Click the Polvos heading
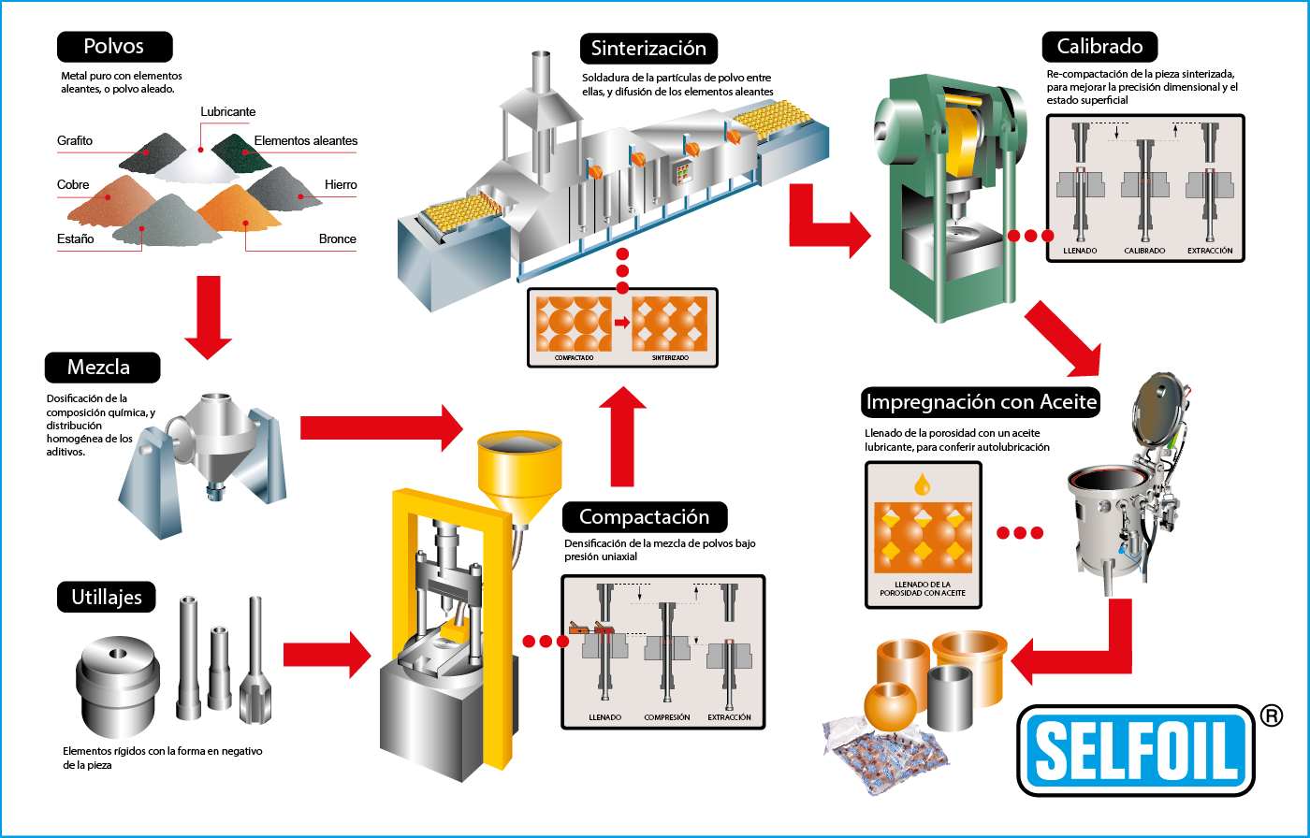(114, 47)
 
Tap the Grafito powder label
(75, 141)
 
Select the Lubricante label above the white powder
(228, 111)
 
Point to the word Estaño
(76, 238)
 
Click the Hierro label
(341, 184)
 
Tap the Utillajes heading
(107, 597)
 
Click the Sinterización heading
(648, 49)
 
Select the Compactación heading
(645, 517)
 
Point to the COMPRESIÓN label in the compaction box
(666, 717)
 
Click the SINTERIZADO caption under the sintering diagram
(670, 357)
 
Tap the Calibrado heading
(1099, 47)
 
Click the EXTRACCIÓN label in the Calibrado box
(1209, 251)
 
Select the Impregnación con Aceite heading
(981, 402)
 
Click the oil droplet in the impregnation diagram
(923, 484)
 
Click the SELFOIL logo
(1136, 751)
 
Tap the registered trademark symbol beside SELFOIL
(1271, 715)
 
